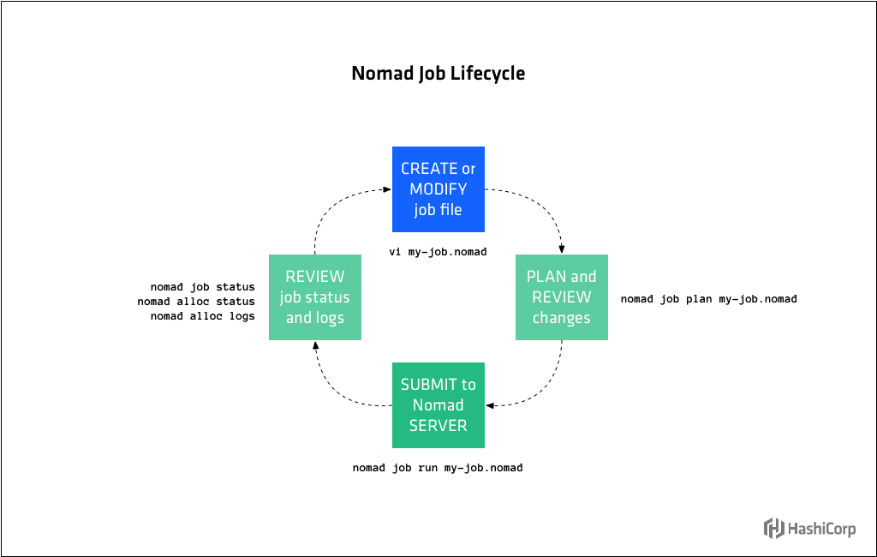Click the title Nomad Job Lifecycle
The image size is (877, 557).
[438, 74]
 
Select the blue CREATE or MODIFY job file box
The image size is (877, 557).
[438, 189]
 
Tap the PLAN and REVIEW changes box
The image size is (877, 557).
[561, 297]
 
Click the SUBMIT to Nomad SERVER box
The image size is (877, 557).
[438, 405]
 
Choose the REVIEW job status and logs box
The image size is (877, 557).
[314, 297]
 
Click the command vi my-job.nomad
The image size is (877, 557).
[438, 253]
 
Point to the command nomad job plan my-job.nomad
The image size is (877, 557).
[708, 299]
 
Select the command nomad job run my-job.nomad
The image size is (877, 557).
[438, 469]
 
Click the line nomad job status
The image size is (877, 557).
[202, 287]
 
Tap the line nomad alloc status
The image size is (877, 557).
[195, 302]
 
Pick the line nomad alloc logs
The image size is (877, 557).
[202, 316]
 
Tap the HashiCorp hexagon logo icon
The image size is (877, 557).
[774, 529]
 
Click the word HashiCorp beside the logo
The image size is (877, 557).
[822, 529]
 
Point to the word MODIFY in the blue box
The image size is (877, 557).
[438, 189]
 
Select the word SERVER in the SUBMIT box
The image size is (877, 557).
[438, 426]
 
